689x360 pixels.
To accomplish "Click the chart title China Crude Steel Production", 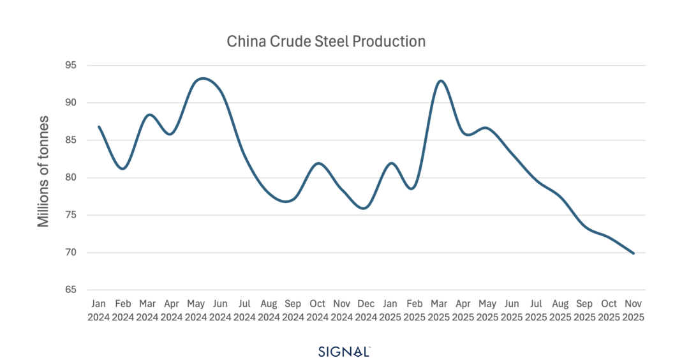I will click(x=326, y=42).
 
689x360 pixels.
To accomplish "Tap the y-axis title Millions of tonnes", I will click(x=43, y=171).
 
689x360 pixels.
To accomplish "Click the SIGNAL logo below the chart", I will click(x=344, y=350).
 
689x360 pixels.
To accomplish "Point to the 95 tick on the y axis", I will click(x=70, y=65).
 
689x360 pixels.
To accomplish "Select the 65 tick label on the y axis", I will click(x=70, y=290).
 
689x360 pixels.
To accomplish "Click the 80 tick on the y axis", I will click(x=70, y=177).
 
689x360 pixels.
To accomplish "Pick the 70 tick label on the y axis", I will click(x=70, y=252).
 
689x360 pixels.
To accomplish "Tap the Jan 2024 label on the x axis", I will click(x=99, y=310).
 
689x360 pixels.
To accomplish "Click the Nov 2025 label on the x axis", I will click(x=633, y=310).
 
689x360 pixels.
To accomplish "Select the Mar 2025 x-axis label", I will click(x=439, y=310).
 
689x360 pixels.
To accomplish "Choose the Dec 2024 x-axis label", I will click(x=366, y=310).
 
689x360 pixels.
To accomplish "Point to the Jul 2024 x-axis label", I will click(x=244, y=310).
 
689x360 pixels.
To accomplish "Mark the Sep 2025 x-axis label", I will click(x=585, y=310).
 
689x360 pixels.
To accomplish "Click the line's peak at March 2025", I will click(x=440, y=80).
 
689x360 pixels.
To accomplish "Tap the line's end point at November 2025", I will click(x=633, y=253).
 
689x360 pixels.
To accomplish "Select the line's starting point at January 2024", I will click(x=99, y=126).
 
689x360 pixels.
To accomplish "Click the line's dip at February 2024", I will click(x=123, y=169).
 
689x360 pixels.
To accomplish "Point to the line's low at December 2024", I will click(x=365, y=208).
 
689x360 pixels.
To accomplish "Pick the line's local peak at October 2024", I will click(x=318, y=163).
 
